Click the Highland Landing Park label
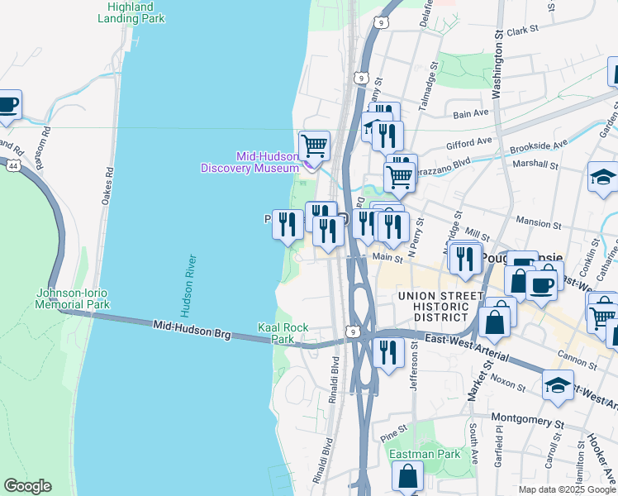pyautogui.click(x=131, y=12)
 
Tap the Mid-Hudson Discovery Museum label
pyautogui.click(x=250, y=162)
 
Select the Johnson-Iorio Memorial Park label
pyautogui.click(x=73, y=298)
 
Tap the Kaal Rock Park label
pyautogui.click(x=283, y=333)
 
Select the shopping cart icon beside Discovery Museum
pyautogui.click(x=314, y=146)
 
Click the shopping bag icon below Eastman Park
pyautogui.click(x=407, y=476)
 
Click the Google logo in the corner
pyautogui.click(x=27, y=486)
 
